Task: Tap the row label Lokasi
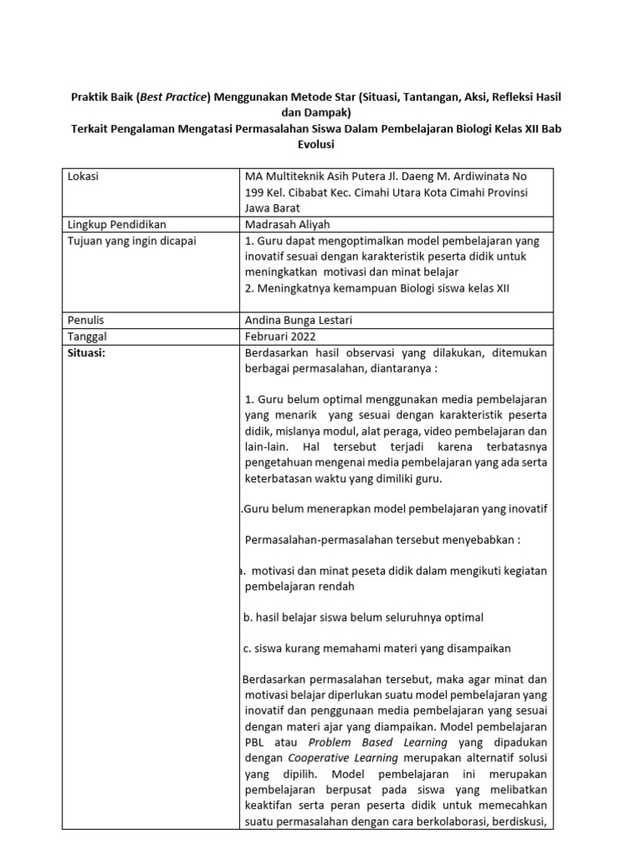tap(87, 177)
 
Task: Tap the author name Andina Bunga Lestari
tap(303, 321)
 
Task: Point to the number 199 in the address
tap(255, 192)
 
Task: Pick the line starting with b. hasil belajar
tap(362, 617)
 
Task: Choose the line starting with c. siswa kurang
tap(377, 648)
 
